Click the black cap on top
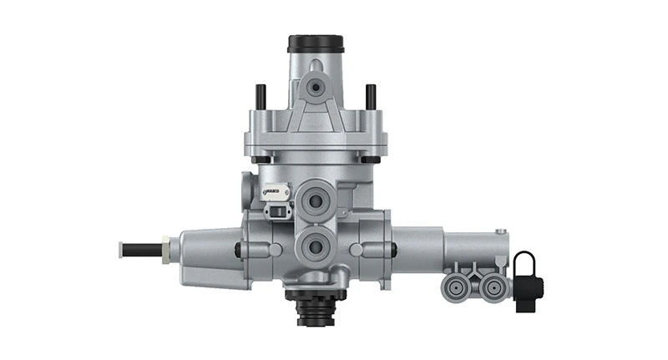tap(315, 43)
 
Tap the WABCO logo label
tap(275, 192)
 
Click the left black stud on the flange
tap(261, 97)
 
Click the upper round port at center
tap(316, 199)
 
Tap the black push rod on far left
tap(142, 249)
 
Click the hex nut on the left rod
tap(167, 249)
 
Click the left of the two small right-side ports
tap(458, 288)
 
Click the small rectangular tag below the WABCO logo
tap(276, 210)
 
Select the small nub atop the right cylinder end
tap(500, 231)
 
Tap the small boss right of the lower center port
tap(357, 249)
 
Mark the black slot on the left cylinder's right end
tap(238, 250)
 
